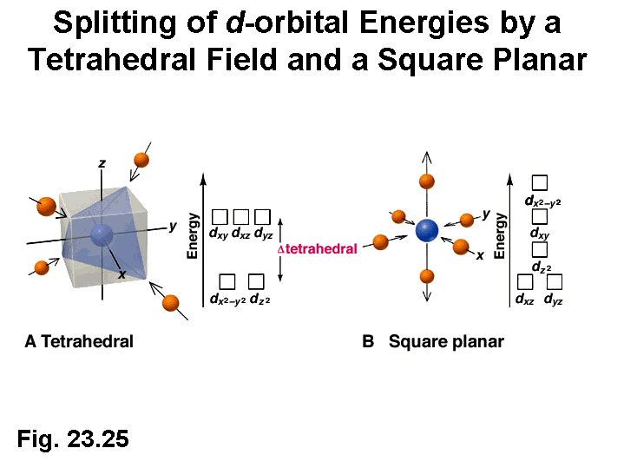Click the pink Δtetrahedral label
pos(317,248)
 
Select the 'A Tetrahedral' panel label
pos(79,341)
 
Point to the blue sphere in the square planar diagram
pos(427,230)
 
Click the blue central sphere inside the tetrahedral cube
pos(102,234)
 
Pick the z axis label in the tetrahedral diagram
pos(102,163)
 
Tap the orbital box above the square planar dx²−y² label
pos(539,183)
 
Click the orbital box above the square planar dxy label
pos(539,217)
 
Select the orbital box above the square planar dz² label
pos(539,250)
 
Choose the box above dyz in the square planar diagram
pos(555,282)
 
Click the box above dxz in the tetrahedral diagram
pos(241,216)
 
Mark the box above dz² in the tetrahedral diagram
pos(256,281)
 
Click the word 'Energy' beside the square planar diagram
pos(501,236)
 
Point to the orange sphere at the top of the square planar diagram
pos(427,181)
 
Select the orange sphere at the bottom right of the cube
pos(171,303)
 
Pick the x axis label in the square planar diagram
pos(479,255)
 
